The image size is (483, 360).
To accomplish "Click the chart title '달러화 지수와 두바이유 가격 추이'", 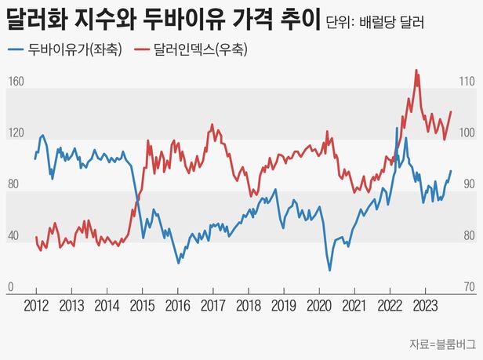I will [x=162, y=19].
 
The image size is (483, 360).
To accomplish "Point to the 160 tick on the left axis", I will [x=16, y=82].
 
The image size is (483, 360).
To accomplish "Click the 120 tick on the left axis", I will [x=16, y=133].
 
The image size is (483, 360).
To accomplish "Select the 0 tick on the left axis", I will [x=11, y=288].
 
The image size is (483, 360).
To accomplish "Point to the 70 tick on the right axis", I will [x=465, y=288].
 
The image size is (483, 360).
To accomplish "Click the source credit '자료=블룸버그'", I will [x=441, y=344].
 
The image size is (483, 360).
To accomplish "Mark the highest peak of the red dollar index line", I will [x=416, y=71].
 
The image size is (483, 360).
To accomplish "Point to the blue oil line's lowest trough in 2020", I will [x=329, y=271].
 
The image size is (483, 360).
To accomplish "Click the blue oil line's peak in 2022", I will [x=397, y=128].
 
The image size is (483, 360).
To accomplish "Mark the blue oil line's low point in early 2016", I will [x=178, y=264].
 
